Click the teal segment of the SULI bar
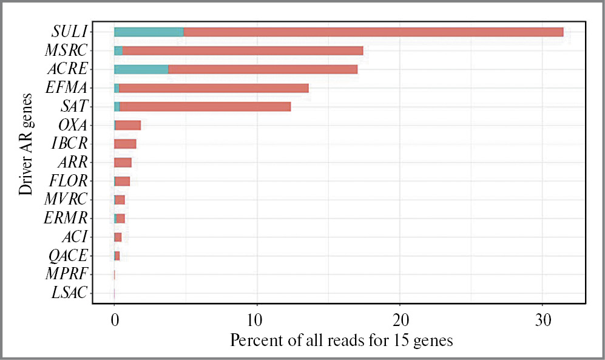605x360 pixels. [149, 32]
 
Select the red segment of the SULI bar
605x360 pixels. [373, 32]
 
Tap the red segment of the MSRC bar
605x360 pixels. [243, 51]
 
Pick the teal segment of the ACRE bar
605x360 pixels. [141, 69]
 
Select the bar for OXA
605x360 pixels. [128, 125]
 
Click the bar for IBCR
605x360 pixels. [125, 144]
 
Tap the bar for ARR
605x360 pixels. [123, 162]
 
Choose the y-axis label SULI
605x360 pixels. [70, 32]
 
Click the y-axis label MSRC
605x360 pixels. [66, 50]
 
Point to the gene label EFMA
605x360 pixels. [67, 88]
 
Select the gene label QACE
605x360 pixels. [67, 256]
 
